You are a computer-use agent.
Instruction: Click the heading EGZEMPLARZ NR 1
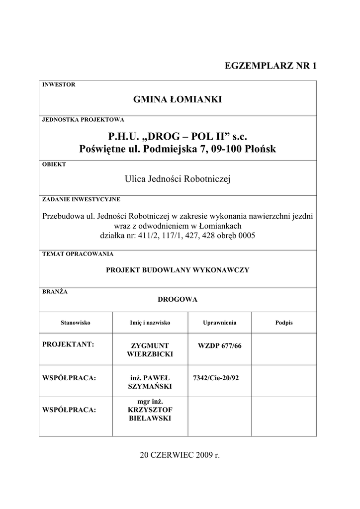(270, 66)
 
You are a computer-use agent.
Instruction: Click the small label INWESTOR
(59, 85)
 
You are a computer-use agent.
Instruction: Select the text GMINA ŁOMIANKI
(178, 100)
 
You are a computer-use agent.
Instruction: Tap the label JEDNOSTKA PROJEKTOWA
(83, 120)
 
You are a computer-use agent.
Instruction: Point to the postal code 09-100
(225, 149)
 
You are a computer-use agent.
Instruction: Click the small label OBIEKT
(54, 164)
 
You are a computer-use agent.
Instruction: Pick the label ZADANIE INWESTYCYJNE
(81, 199)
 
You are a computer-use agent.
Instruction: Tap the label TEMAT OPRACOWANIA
(78, 254)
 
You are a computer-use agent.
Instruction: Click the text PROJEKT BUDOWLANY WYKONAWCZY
(178, 270)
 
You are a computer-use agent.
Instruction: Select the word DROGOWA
(178, 299)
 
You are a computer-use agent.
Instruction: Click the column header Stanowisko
(75, 323)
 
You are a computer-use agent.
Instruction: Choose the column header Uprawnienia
(219, 323)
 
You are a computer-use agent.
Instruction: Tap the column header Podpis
(284, 323)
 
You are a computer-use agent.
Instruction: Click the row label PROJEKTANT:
(69, 344)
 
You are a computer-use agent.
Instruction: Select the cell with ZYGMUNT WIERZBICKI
(150, 350)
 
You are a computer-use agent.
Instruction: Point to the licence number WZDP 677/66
(219, 345)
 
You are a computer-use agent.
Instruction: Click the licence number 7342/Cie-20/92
(216, 378)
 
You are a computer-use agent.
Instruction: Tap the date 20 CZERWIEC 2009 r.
(180, 455)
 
